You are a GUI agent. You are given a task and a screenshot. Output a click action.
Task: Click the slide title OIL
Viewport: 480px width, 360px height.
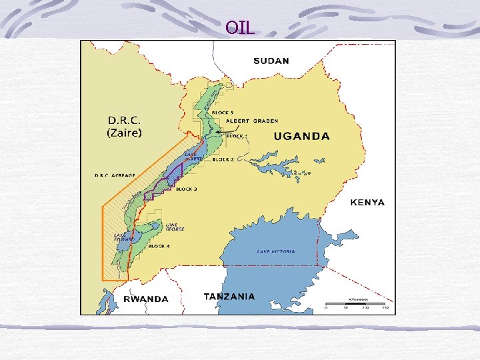click(240, 27)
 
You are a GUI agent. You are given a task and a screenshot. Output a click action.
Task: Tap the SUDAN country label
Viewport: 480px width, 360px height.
click(271, 61)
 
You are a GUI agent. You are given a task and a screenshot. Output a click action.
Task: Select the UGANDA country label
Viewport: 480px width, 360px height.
click(302, 136)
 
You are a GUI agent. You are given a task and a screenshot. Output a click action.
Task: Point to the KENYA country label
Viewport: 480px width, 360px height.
click(367, 202)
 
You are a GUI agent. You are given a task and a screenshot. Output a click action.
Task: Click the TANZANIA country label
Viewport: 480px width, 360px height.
click(229, 296)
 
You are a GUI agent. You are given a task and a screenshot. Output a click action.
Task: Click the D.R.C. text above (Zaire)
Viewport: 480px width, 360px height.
click(125, 120)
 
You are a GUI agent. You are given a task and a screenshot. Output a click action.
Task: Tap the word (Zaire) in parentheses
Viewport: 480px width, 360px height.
click(125, 133)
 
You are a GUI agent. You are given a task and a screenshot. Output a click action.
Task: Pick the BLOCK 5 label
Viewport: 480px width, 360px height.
click(222, 113)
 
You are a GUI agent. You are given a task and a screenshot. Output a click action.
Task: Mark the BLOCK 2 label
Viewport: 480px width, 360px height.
click(223, 160)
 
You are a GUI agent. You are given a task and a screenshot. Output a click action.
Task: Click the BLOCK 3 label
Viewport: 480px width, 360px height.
click(186, 189)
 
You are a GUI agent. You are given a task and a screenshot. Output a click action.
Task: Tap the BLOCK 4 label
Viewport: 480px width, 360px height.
click(159, 247)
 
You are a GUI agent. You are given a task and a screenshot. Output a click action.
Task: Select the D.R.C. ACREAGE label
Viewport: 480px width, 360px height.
click(114, 175)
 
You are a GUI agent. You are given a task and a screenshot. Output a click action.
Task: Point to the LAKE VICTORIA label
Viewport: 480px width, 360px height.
click(276, 251)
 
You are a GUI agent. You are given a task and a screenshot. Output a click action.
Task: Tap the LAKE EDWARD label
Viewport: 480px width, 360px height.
click(124, 237)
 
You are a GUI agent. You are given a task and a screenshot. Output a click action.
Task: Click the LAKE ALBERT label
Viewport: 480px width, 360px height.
click(193, 156)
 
